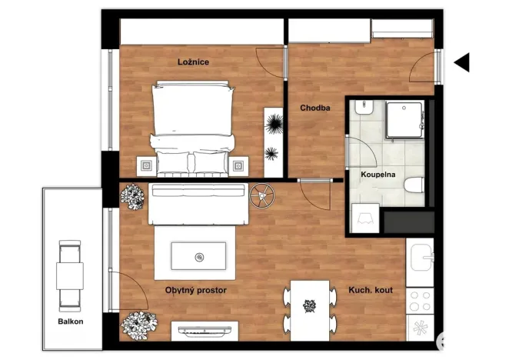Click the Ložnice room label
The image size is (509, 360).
pos(193,62)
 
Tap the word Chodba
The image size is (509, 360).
pos(315,108)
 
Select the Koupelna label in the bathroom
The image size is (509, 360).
pos(378,175)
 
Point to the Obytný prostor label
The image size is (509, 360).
pos(196,290)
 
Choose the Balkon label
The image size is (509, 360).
pos(69,321)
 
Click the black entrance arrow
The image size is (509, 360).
pos(461,63)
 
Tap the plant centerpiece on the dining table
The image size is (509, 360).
pos(310,306)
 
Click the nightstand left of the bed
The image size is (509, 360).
pos(145,165)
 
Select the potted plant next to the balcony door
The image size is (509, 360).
pos(138,323)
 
